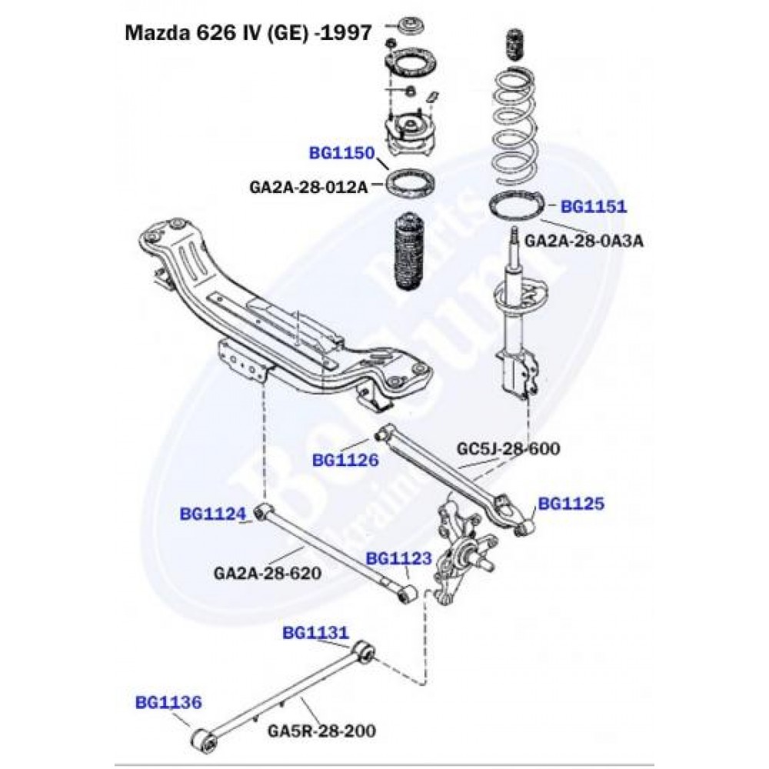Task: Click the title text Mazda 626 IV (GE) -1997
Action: pyautogui.click(x=249, y=34)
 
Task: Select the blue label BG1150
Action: pyautogui.click(x=341, y=154)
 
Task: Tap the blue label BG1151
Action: pyautogui.click(x=593, y=206)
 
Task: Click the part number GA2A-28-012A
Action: pyautogui.click(x=308, y=185)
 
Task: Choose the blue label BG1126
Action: pyautogui.click(x=345, y=460)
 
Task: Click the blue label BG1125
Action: pyautogui.click(x=571, y=504)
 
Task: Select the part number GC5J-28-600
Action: pyautogui.click(x=508, y=448)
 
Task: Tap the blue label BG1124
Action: pyautogui.click(x=213, y=513)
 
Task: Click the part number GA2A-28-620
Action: pyautogui.click(x=267, y=573)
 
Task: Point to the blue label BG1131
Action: pyautogui.click(x=316, y=633)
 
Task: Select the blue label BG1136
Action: pyautogui.click(x=168, y=701)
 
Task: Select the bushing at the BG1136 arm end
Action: pyautogui.click(x=203, y=740)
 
